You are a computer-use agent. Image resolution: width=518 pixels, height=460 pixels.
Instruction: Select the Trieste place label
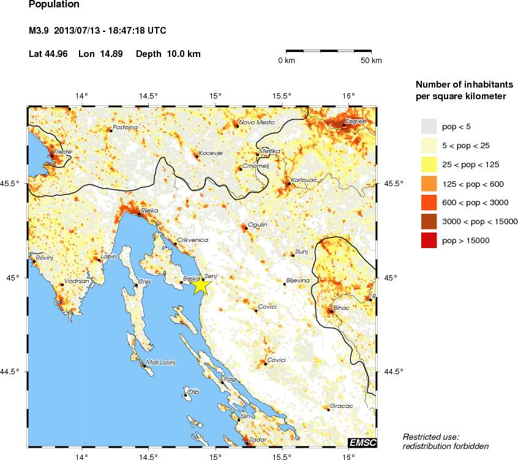click(62, 151)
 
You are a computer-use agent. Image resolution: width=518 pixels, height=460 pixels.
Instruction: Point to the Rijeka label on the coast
click(149, 210)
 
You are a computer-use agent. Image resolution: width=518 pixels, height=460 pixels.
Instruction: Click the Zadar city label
click(258, 439)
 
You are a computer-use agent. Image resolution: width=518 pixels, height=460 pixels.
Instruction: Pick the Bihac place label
click(341, 307)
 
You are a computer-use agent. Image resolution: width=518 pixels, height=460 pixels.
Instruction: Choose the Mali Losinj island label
click(160, 363)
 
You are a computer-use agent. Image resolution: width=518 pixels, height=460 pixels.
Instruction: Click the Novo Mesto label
click(257, 123)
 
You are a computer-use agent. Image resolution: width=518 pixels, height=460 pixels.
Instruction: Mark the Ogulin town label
click(257, 225)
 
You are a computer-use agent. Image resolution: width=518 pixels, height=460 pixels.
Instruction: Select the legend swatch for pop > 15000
click(429, 241)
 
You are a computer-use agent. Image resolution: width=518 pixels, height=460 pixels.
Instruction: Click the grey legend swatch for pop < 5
click(429, 127)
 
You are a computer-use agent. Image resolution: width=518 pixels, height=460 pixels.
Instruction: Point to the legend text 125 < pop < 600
click(473, 184)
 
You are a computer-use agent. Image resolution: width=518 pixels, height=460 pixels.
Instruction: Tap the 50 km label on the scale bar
click(371, 61)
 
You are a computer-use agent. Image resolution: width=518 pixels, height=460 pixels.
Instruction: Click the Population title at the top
click(54, 5)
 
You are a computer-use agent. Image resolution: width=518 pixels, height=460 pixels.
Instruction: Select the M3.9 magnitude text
click(40, 30)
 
